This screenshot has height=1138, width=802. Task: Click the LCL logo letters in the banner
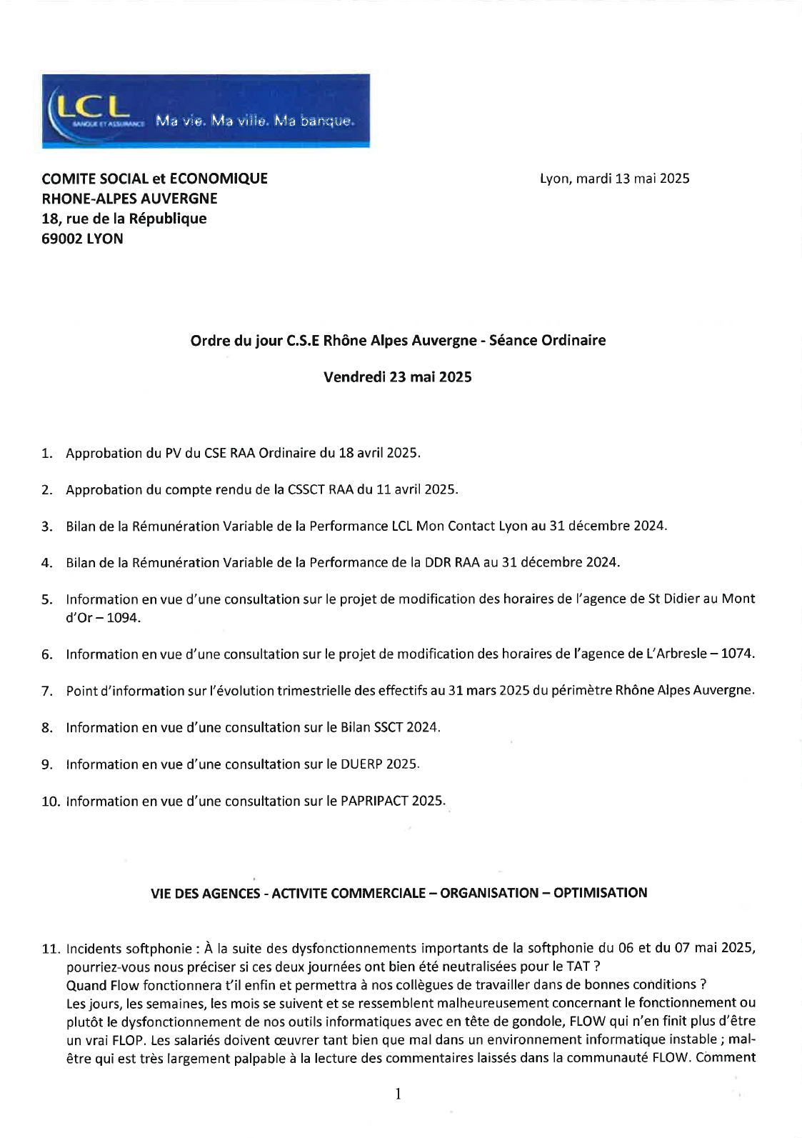click(x=91, y=107)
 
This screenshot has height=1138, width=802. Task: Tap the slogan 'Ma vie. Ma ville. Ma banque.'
click(x=254, y=121)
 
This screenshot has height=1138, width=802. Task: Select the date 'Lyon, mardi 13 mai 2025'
click(x=614, y=179)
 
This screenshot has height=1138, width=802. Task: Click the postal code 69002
click(x=62, y=239)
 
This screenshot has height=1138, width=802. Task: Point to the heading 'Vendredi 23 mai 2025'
click(x=397, y=377)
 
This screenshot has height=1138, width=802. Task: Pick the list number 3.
click(x=46, y=526)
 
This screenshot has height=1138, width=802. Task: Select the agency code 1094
click(x=123, y=618)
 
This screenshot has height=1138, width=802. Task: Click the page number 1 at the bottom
click(x=398, y=1094)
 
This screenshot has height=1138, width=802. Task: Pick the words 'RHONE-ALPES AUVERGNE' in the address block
click(x=129, y=199)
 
